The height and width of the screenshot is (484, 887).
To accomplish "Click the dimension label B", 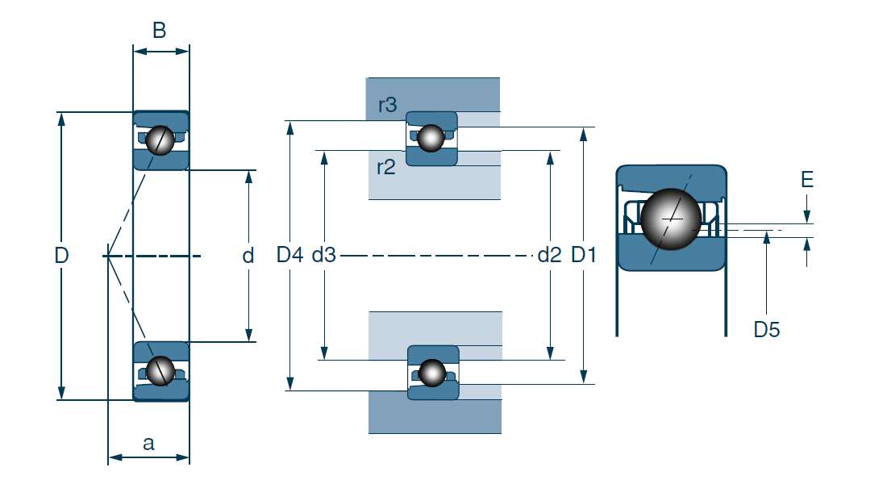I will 160,31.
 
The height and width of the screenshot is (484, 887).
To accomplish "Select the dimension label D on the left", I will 61,256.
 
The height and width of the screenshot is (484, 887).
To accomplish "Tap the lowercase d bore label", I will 248,256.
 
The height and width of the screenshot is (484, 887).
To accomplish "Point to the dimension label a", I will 148,442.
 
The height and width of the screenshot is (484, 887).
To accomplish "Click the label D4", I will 289,256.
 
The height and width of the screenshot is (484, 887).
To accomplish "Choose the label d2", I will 549,256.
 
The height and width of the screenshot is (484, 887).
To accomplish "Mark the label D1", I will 583,256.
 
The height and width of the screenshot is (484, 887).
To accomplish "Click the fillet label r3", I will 387,105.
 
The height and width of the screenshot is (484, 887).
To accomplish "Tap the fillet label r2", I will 386,168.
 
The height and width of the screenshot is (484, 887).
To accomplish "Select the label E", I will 807,180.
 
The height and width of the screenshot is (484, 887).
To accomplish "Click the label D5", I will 767,329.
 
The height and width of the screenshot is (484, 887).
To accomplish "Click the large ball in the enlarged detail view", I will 671,219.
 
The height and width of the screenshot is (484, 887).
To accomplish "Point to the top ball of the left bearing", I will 160,140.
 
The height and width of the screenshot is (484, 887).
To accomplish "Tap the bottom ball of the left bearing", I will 160,369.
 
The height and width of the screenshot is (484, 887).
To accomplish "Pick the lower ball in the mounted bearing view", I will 433,372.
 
